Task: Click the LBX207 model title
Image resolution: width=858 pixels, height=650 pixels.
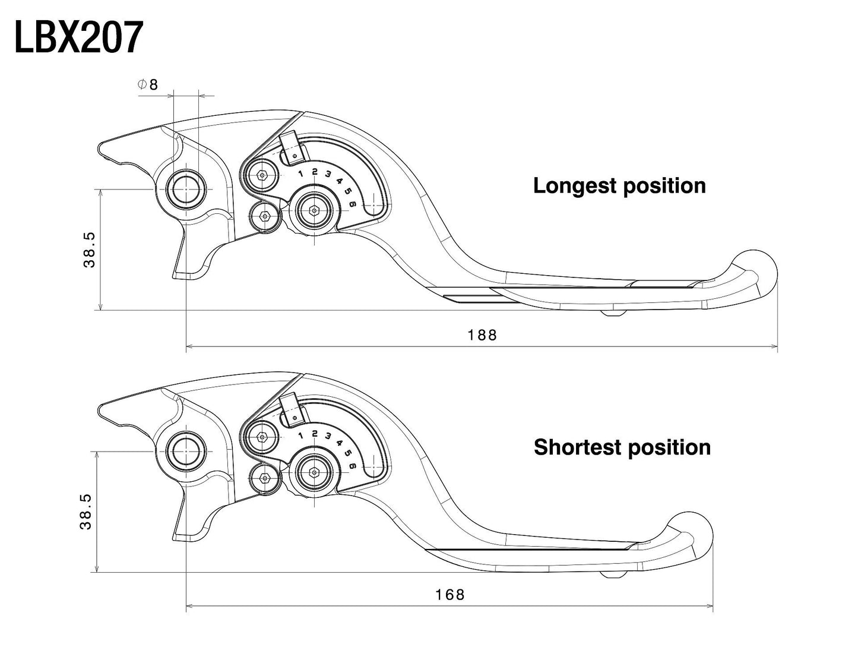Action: [x=78, y=37]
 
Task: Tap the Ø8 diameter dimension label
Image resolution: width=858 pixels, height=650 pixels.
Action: [x=148, y=84]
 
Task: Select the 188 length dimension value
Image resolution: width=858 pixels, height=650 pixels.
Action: [x=482, y=335]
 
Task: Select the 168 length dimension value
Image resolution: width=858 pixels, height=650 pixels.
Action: [x=449, y=594]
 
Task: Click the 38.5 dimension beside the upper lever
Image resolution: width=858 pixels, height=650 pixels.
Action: [x=89, y=250]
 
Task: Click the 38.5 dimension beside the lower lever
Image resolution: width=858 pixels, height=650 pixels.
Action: [x=86, y=512]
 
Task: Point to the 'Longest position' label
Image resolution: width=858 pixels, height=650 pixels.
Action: [x=619, y=185]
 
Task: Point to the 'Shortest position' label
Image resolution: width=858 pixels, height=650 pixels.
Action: [x=622, y=447]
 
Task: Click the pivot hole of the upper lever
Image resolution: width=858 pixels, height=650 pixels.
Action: [x=186, y=190]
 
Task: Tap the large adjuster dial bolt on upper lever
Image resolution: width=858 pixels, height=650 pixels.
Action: [x=314, y=209]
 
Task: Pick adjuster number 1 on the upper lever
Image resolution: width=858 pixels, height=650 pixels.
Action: [x=301, y=173]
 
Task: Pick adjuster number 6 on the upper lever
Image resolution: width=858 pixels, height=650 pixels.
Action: [x=353, y=204]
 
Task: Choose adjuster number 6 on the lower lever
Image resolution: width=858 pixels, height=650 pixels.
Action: [x=353, y=466]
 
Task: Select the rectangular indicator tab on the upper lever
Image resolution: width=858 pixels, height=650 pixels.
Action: [x=292, y=147]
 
